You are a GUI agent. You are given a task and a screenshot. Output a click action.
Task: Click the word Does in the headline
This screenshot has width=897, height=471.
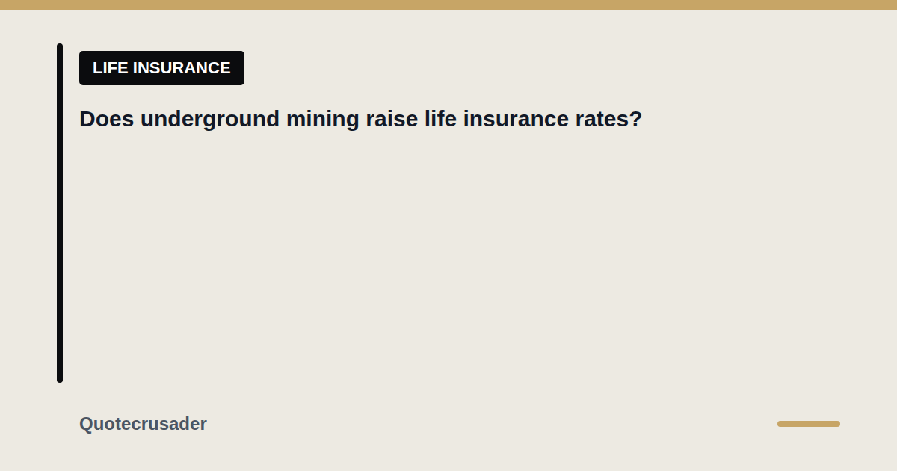[106, 119]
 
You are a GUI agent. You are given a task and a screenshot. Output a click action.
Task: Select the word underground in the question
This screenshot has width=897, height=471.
[210, 120]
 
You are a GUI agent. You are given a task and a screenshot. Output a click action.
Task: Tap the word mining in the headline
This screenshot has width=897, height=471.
[322, 120]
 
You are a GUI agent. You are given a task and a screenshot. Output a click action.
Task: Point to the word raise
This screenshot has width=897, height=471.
[392, 119]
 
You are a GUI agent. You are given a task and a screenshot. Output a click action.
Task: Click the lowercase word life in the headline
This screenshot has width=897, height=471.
[440, 119]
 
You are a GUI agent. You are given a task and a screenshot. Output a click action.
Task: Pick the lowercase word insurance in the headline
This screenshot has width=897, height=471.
[516, 119]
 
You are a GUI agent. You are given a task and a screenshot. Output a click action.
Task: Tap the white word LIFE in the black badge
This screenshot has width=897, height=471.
[111, 68]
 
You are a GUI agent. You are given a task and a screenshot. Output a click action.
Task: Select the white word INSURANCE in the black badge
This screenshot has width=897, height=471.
[182, 68]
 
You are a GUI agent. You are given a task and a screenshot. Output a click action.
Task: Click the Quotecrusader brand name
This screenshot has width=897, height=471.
[143, 424]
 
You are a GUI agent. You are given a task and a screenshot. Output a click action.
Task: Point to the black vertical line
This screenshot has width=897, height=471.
[60, 213]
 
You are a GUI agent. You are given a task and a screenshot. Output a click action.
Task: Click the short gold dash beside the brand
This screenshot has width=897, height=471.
[809, 424]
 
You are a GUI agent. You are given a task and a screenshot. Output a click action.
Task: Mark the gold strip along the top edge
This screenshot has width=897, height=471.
[449, 5]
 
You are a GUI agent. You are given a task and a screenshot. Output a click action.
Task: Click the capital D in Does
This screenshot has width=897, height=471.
[87, 119]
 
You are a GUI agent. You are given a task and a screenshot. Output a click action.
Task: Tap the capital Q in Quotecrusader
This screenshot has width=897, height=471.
[87, 424]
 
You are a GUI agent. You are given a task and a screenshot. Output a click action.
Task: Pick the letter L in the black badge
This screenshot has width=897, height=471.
[97, 68]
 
